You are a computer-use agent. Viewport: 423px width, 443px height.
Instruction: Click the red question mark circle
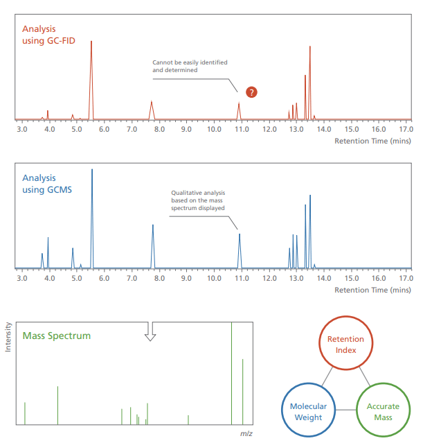point(251,92)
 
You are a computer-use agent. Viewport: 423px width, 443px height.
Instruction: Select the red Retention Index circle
point(345,345)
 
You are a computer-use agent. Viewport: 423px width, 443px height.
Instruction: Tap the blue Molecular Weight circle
point(308,412)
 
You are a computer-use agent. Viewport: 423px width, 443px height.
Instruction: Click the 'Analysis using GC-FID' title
point(48,35)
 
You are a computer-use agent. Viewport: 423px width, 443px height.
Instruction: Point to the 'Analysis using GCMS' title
point(47,184)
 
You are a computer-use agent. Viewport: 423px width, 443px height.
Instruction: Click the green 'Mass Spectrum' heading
point(57,336)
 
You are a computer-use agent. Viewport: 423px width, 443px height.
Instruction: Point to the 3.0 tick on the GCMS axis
point(21,278)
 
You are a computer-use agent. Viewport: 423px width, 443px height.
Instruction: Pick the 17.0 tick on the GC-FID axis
point(406,130)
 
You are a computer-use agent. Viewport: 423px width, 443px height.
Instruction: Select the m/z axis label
point(246,433)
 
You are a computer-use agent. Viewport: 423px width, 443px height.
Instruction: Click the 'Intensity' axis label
point(8,337)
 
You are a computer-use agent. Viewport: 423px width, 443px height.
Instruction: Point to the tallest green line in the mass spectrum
point(231,374)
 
